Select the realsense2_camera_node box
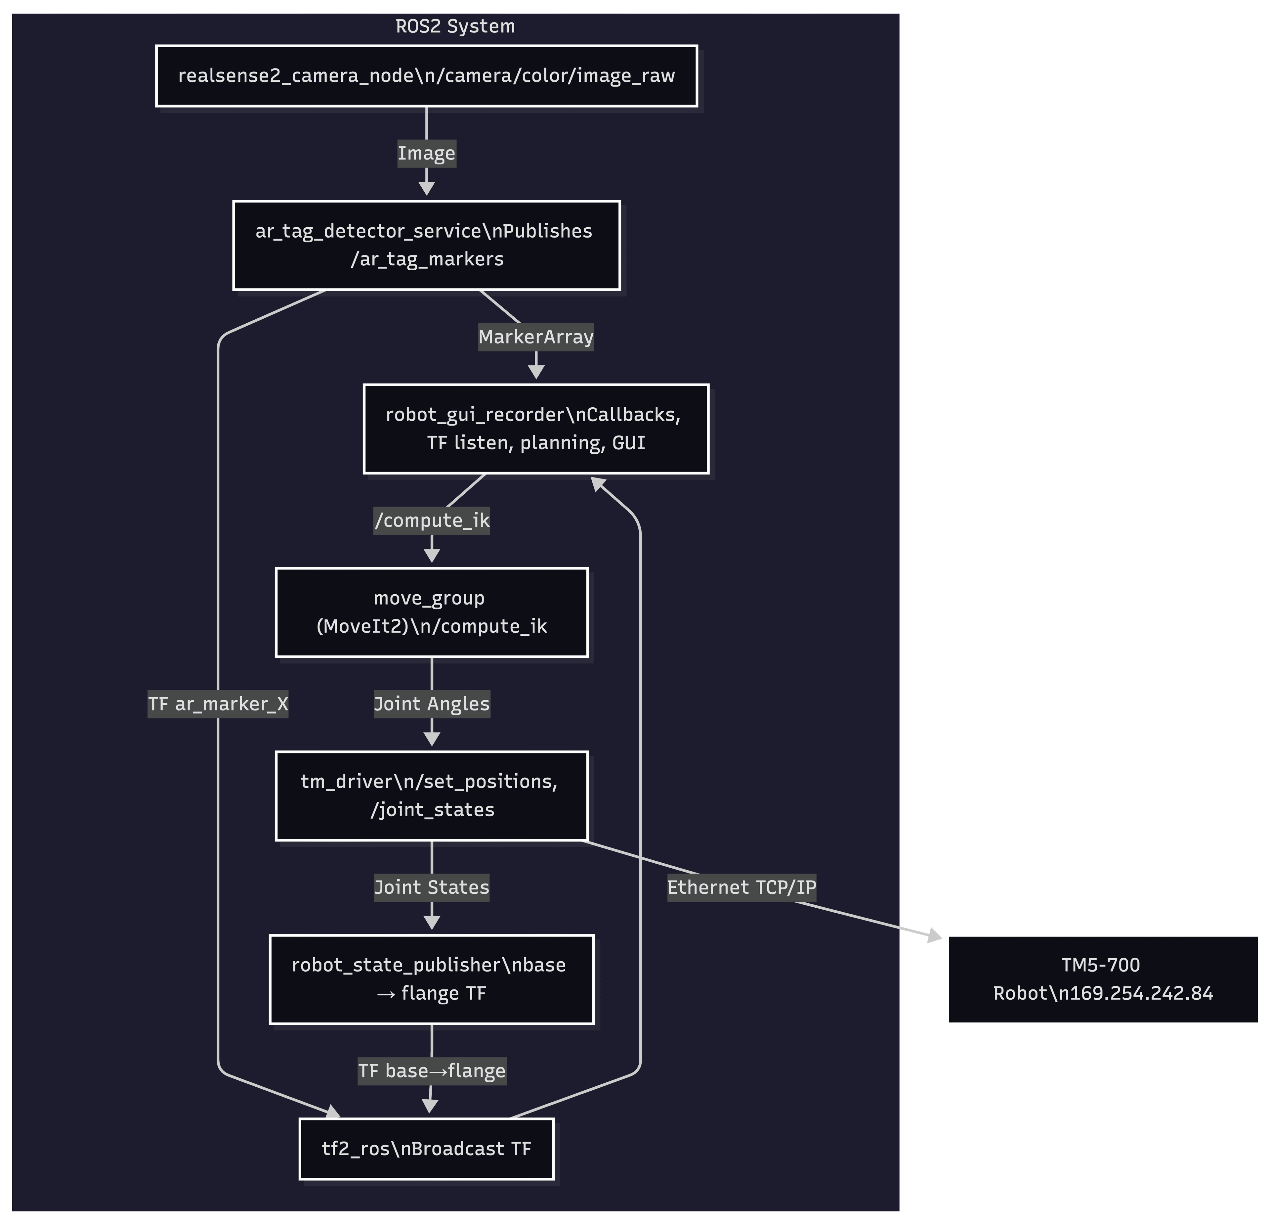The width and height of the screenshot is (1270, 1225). [426, 76]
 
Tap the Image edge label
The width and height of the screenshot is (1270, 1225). [426, 154]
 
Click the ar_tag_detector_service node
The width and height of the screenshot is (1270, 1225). [426, 245]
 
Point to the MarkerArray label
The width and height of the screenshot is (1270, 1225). [536, 337]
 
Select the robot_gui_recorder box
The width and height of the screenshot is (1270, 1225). [536, 429]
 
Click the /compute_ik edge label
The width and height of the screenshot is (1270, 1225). [432, 521]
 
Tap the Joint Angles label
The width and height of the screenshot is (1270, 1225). [432, 704]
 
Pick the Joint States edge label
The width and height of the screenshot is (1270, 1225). [432, 887]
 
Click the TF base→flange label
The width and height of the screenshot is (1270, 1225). [432, 1071]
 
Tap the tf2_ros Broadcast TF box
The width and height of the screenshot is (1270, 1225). [426, 1149]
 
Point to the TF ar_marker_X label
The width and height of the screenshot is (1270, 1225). [218, 704]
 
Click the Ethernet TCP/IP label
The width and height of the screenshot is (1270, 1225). [741, 887]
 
